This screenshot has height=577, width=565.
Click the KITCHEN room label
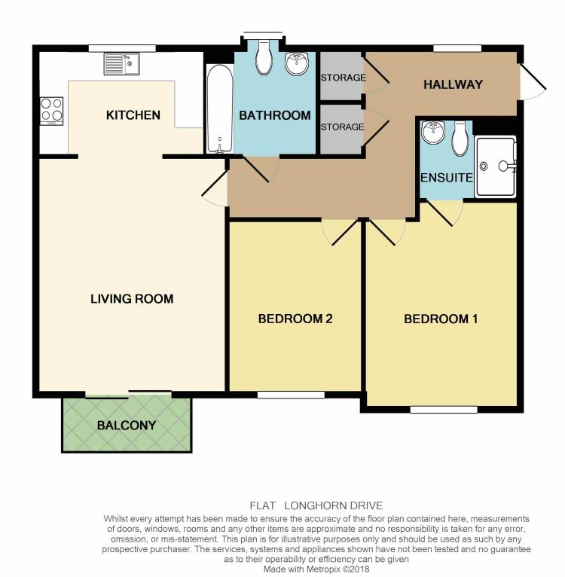(133, 115)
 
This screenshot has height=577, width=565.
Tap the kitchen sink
(122, 63)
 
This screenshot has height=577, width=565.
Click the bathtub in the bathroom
(219, 108)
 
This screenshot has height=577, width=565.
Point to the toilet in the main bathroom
(264, 58)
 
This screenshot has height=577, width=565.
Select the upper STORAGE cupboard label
(343, 78)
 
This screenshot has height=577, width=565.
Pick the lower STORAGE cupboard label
(343, 127)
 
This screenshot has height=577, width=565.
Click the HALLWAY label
(452, 84)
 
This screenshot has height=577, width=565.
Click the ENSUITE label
(446, 178)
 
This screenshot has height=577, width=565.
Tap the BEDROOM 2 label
(295, 319)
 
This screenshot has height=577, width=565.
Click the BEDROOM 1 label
(441, 319)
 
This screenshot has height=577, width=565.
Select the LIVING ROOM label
(132, 299)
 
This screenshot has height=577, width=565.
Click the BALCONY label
(127, 425)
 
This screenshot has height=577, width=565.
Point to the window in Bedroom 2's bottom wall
(291, 394)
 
